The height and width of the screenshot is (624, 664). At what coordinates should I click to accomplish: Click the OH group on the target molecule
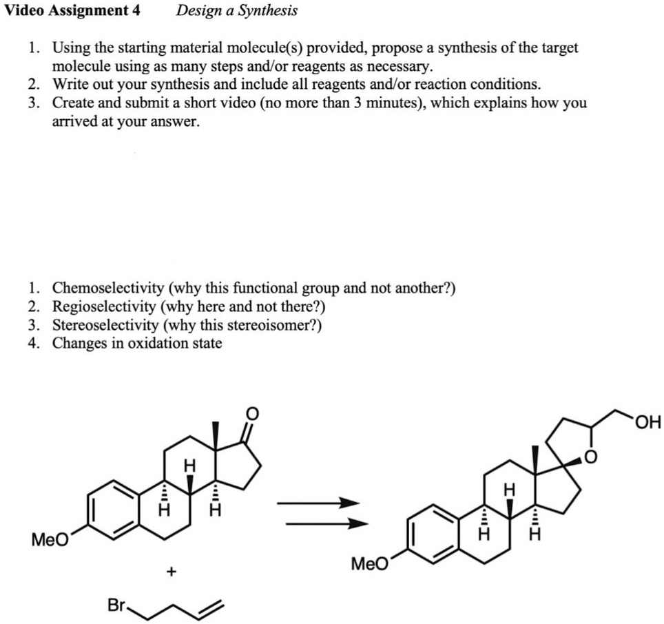[x=648, y=422]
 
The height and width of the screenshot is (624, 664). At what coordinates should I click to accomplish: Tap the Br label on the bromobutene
[x=116, y=605]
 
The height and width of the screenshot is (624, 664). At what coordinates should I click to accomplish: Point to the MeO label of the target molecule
[x=369, y=565]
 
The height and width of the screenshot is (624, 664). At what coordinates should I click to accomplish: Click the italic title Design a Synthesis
[x=236, y=10]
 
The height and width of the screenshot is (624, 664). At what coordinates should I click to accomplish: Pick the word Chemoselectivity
[x=108, y=288]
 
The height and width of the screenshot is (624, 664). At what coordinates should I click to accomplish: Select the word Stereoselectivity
[x=108, y=325]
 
